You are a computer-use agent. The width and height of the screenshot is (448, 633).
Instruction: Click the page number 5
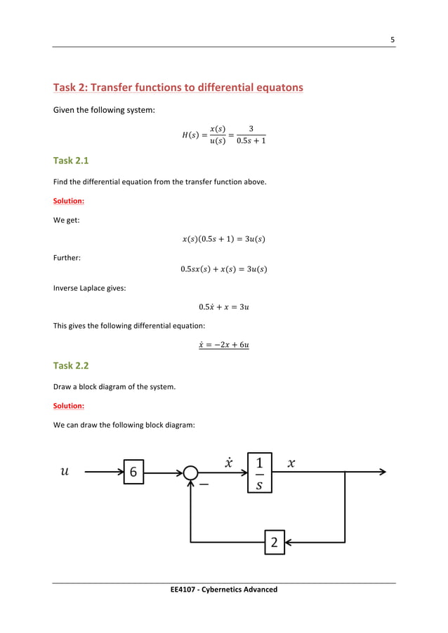[x=393, y=39]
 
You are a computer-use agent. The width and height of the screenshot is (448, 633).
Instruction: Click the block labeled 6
[x=133, y=472]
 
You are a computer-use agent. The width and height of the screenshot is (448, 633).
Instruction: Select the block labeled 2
[x=275, y=542]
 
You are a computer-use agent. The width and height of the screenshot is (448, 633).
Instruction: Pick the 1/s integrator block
[x=259, y=472]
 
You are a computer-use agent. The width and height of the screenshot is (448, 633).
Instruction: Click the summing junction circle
[x=190, y=473]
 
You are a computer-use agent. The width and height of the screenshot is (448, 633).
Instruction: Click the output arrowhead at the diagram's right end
[x=382, y=472]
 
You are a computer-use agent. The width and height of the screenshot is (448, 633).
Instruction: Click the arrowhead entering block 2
[x=289, y=542]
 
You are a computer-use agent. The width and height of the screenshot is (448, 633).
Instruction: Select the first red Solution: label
[x=69, y=200]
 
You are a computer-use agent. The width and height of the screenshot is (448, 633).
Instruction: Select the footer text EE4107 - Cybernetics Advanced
[x=223, y=590]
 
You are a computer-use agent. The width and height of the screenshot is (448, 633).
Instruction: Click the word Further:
[x=67, y=257]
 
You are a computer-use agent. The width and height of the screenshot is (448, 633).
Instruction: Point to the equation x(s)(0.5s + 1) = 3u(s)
[x=223, y=239]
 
